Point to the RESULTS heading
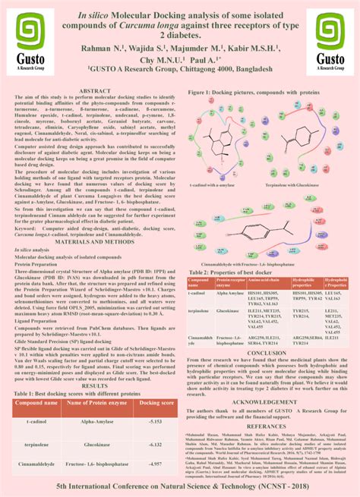pos(96,364)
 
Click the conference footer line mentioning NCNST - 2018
pos(180,484)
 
